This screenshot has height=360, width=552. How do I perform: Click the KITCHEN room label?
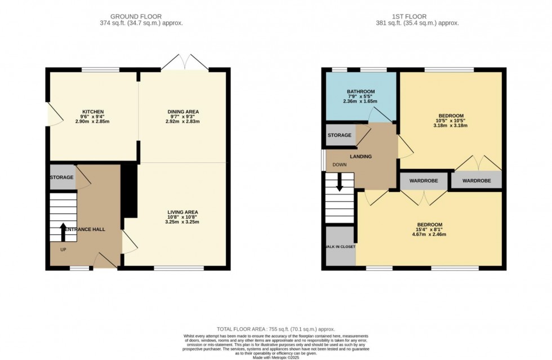pos(93,112)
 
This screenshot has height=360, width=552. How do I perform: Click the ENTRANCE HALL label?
pos(85,229)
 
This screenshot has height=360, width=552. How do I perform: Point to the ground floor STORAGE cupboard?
pos(62,177)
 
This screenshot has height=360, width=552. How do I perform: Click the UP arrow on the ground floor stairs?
pos(63,232)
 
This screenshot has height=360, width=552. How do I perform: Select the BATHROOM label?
pos(360,91)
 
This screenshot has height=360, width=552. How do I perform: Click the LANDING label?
pos(360,156)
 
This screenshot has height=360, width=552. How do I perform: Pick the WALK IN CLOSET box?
pos(340,247)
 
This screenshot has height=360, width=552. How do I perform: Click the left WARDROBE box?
pos(424,181)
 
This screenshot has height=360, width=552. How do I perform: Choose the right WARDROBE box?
pos(476,181)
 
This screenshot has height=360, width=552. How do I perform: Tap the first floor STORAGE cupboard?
pos(340,135)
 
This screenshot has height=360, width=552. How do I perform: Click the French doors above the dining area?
pos(185,62)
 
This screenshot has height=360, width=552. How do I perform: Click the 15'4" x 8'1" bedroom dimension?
pos(429,229)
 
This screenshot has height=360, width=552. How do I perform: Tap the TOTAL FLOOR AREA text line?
pos(276,328)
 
